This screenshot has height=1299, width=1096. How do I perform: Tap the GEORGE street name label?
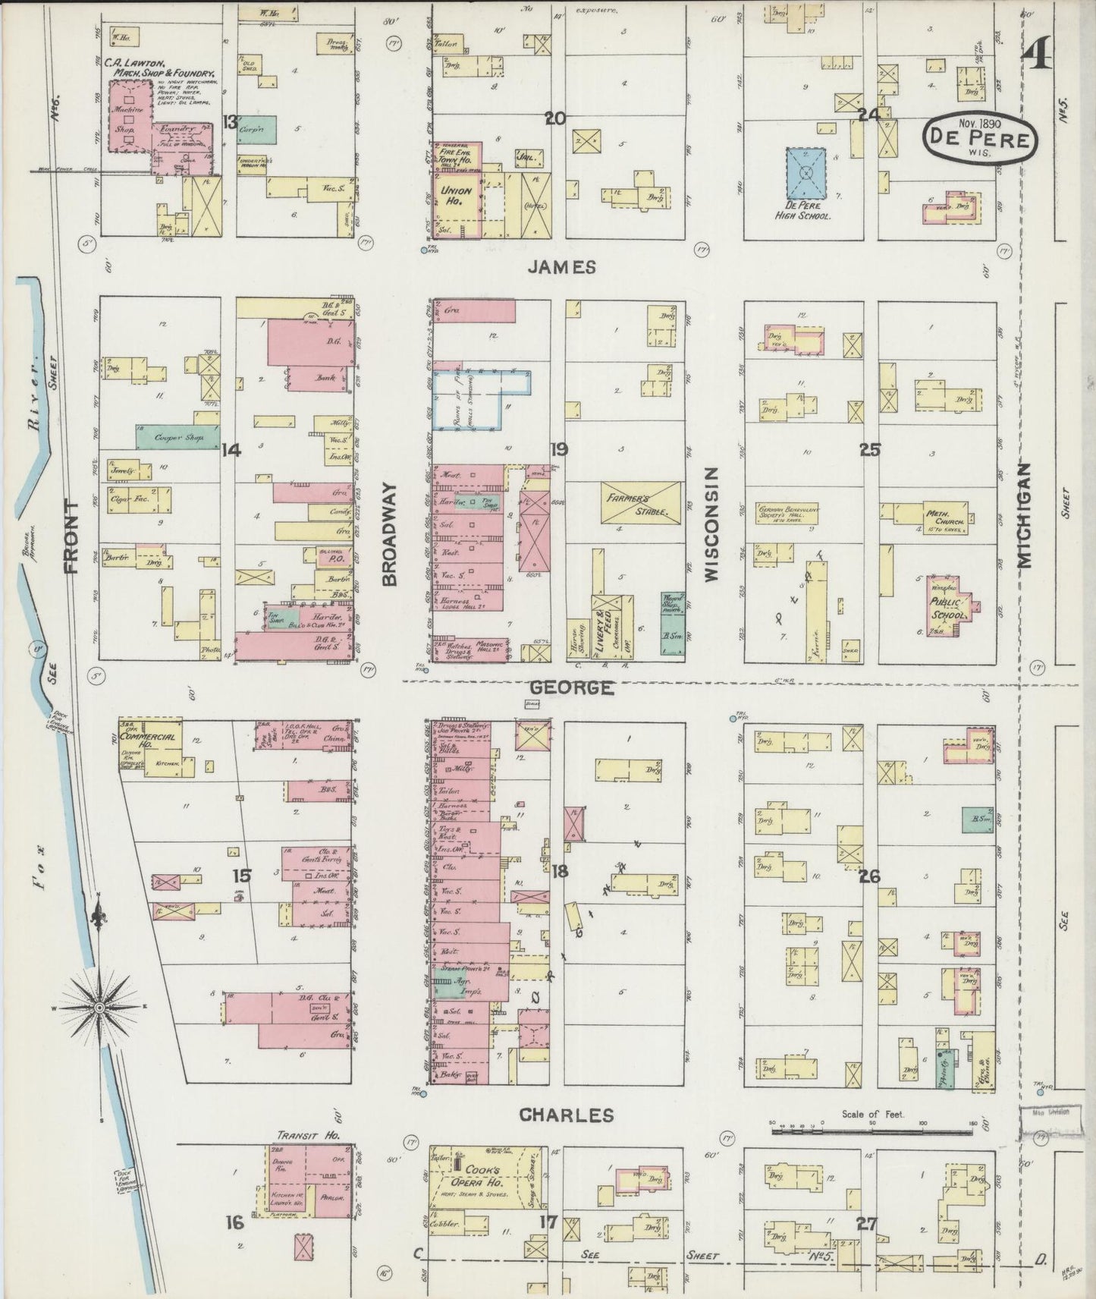[571, 687]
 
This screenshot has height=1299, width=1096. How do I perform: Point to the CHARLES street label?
[566, 1115]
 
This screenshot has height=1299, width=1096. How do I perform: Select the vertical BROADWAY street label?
[391, 534]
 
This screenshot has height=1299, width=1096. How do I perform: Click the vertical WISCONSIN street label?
[711, 524]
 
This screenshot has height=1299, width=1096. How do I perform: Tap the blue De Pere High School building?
[806, 175]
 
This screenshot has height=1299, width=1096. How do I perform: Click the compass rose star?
[98, 1007]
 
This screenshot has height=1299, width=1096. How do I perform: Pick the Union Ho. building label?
[457, 197]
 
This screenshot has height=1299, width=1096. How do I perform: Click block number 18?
[559, 871]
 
